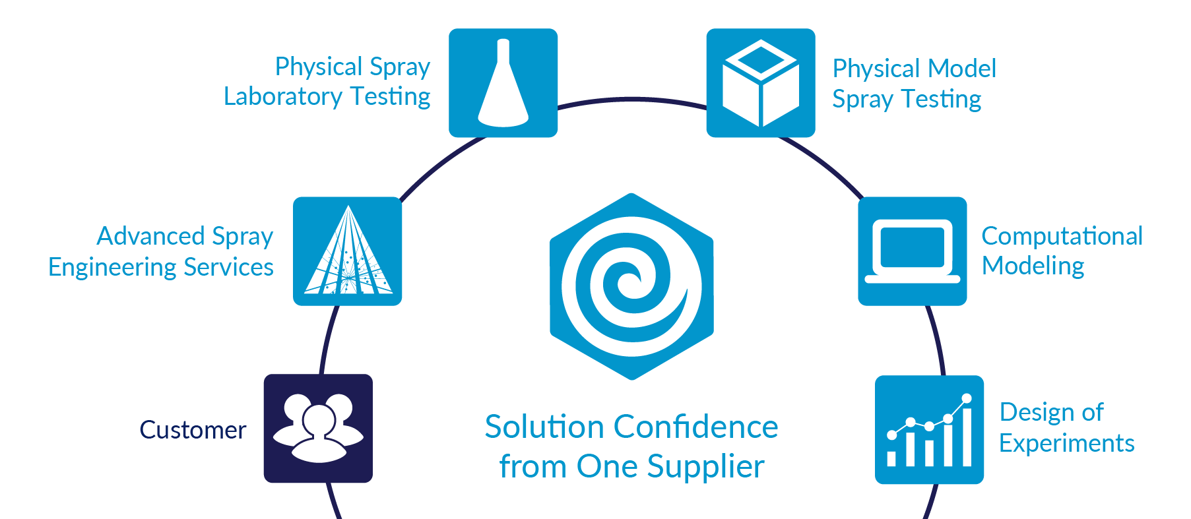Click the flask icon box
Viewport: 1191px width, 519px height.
[503, 83]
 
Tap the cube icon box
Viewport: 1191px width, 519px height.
[761, 83]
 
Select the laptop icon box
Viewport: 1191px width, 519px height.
[913, 251]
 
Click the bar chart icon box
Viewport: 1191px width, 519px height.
[929, 430]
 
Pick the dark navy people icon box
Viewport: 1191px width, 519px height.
[318, 429]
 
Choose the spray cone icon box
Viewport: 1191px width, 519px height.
[347, 251]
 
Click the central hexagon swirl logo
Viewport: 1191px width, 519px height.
[631, 287]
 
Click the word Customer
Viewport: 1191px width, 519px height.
[193, 430]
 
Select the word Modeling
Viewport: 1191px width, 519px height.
[1033, 266]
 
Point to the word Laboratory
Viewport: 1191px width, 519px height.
[283, 97]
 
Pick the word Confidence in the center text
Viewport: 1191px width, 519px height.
[695, 427]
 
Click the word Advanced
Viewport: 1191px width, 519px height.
[152, 236]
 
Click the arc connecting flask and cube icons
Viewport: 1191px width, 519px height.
[632, 100]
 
